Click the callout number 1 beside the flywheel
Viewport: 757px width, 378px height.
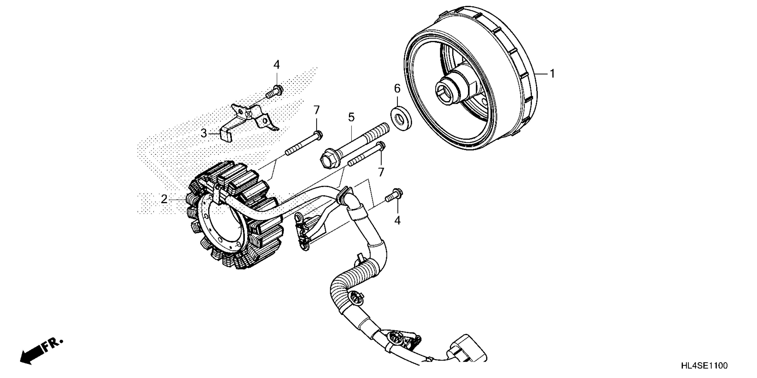click(552, 74)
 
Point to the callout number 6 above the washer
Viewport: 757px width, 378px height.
click(397, 88)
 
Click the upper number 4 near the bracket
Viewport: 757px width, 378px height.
click(277, 65)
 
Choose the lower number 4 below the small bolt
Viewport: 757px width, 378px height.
click(397, 220)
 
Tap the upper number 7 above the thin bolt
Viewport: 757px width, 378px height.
click(316, 110)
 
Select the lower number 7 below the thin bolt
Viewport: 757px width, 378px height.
click(381, 172)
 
